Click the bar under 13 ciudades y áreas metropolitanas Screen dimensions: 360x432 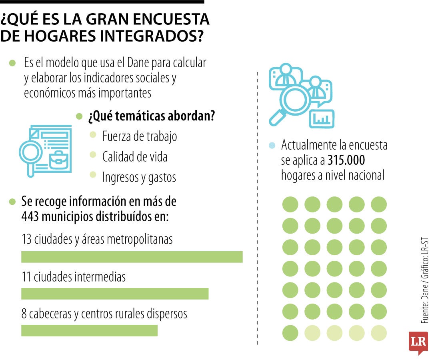132,257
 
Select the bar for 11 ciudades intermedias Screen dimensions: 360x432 115,294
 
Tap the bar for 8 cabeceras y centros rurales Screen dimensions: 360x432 89,330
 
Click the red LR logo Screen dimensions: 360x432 418,342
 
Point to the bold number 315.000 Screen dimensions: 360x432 346,160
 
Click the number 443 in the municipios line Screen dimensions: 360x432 31,216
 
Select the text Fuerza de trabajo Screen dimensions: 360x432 139,136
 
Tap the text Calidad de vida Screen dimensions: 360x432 135,156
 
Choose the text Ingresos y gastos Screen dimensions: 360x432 139,177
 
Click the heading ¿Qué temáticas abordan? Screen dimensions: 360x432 152,116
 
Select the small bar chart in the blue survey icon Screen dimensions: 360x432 323,118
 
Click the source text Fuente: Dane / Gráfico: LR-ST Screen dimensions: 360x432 424,280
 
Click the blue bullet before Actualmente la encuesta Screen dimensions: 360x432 272,146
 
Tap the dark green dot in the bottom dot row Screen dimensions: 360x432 290,333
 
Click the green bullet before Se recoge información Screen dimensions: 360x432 12,201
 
